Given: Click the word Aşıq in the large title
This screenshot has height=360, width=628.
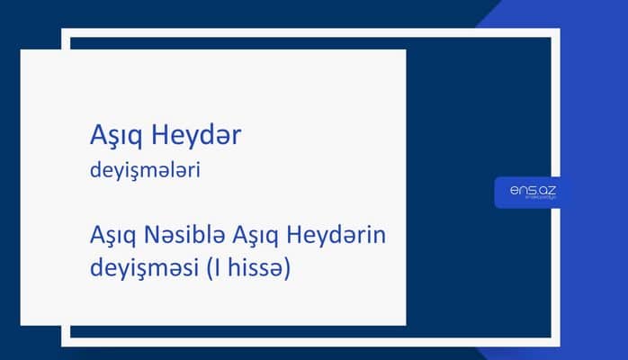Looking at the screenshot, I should click(113, 136).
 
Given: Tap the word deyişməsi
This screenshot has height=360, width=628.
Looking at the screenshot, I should click(139, 269).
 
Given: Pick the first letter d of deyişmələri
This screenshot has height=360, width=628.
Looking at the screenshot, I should click(96, 171).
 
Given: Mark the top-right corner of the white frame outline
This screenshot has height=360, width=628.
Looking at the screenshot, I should click(558, 31).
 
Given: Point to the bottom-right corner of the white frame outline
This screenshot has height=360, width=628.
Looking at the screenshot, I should click(558, 342).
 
